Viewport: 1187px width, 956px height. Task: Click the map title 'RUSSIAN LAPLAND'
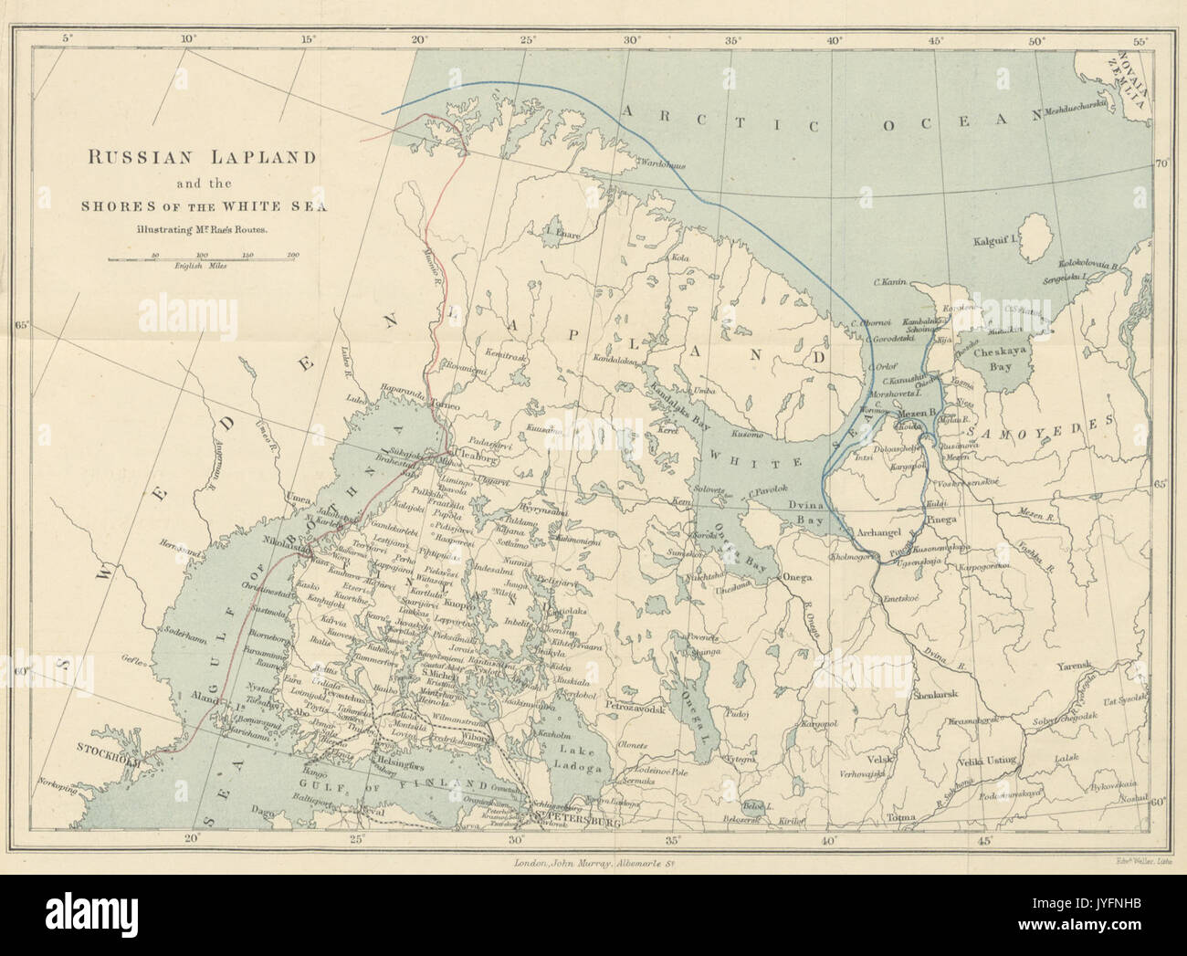(202, 157)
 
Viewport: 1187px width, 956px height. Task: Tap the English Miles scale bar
(203, 259)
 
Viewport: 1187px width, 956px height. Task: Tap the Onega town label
(798, 577)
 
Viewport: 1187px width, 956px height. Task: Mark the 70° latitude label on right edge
(1162, 164)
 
